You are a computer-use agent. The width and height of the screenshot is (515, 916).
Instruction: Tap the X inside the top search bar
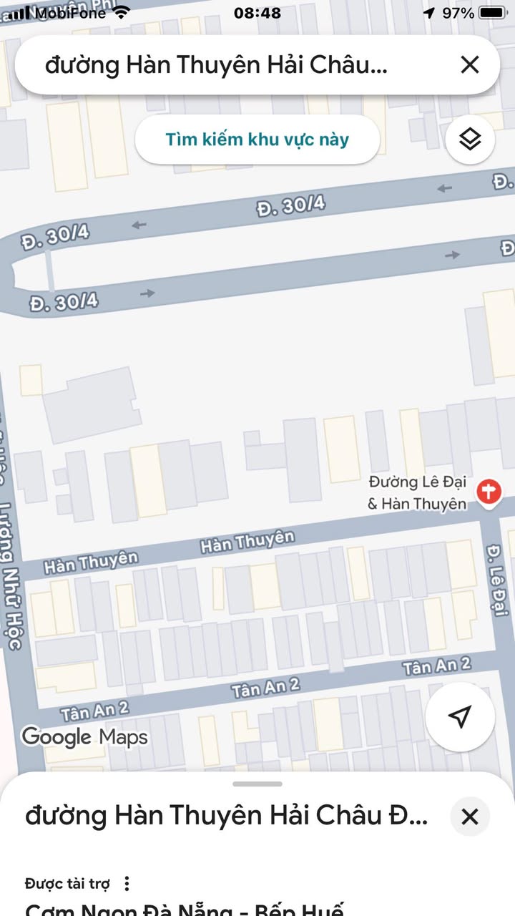click(x=470, y=65)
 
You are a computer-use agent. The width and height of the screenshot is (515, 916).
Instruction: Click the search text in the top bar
click(x=216, y=65)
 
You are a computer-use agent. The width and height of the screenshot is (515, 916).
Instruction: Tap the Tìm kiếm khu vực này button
click(x=257, y=139)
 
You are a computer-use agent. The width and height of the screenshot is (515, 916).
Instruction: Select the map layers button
click(x=470, y=139)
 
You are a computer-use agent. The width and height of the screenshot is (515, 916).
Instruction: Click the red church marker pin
click(x=490, y=493)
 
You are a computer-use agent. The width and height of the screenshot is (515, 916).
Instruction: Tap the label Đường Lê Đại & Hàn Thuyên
click(x=417, y=493)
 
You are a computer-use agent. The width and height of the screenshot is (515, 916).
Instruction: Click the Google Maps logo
click(x=84, y=736)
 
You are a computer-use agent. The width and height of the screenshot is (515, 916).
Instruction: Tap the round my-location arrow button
click(x=461, y=716)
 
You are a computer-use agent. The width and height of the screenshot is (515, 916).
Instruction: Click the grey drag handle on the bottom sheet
click(x=257, y=784)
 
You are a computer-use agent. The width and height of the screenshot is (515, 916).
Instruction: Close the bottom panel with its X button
click(x=470, y=817)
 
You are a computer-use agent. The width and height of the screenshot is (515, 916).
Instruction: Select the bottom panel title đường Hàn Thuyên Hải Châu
click(x=226, y=816)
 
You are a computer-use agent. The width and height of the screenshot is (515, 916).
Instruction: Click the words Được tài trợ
click(x=67, y=884)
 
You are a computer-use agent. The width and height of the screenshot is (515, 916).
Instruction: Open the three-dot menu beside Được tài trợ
click(x=127, y=884)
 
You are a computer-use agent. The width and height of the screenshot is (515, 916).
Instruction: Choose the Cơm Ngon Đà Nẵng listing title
click(x=185, y=910)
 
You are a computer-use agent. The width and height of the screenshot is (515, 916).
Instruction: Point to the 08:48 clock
click(x=257, y=13)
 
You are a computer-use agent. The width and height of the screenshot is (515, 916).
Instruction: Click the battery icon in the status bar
click(x=492, y=13)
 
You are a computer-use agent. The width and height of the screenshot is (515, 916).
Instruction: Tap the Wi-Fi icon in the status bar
click(x=122, y=12)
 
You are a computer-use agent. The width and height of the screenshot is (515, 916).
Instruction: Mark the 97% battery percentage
click(x=458, y=13)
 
